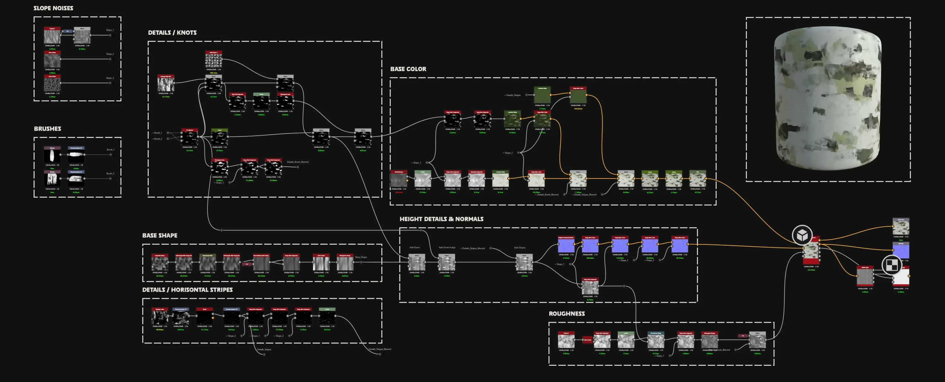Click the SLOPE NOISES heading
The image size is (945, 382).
(x=53, y=8)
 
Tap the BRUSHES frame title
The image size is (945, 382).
(x=47, y=129)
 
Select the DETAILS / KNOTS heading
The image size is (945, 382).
(x=172, y=32)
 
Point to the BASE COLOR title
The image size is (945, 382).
(x=408, y=69)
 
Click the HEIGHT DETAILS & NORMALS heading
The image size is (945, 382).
(x=441, y=219)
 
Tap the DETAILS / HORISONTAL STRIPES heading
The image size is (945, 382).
(x=187, y=290)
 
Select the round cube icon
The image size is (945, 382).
(x=802, y=235)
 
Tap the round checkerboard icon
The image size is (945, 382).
(x=891, y=265)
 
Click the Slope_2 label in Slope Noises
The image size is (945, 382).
(x=110, y=54)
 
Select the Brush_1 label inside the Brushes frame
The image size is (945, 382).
(x=110, y=150)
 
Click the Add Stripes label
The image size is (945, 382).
(x=519, y=248)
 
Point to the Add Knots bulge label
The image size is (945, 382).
(x=447, y=248)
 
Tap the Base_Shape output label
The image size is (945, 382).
(x=361, y=257)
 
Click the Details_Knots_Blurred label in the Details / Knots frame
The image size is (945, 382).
(x=297, y=162)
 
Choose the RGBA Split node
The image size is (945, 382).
(x=865, y=277)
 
